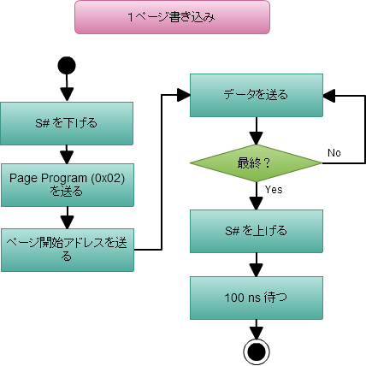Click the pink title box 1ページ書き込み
coord(172,17)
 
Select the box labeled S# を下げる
coord(67,123)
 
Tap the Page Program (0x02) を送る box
coord(67,185)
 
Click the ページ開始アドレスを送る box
coord(67,250)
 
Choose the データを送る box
coord(256,95)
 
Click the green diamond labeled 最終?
coord(256,162)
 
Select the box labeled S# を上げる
coord(256,230)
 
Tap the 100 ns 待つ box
coord(256,298)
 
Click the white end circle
coord(257,351)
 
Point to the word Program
coord(60,178)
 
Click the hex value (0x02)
coord(106,178)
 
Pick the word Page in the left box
coord(22,178)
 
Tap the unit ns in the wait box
coord(254,298)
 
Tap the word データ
coord(239,95)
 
